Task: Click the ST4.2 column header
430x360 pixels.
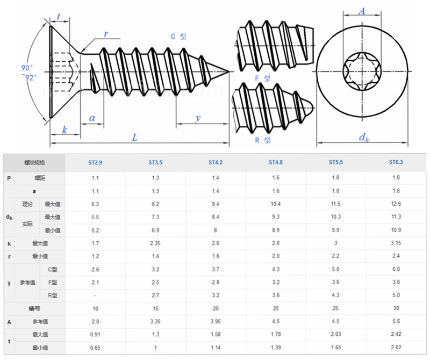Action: point(216,162)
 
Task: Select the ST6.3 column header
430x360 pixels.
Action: point(396,162)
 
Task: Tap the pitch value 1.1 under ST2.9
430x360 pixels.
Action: point(95,177)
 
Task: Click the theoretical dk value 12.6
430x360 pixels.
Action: point(396,204)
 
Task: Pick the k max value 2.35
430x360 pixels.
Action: point(155,243)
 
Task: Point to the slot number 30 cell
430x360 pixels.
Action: point(396,308)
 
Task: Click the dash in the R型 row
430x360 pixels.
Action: point(95,296)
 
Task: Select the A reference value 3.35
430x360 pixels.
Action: point(155,321)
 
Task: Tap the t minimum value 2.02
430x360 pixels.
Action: point(396,348)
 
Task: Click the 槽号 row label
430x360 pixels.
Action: point(34,308)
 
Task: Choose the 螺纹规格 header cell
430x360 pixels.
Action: point(34,162)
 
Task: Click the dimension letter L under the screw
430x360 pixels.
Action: point(135,138)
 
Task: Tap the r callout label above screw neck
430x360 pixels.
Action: point(106,34)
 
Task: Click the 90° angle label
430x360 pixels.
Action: point(27,68)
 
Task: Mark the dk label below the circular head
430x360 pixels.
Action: point(364,138)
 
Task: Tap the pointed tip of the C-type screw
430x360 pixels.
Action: point(228,71)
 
